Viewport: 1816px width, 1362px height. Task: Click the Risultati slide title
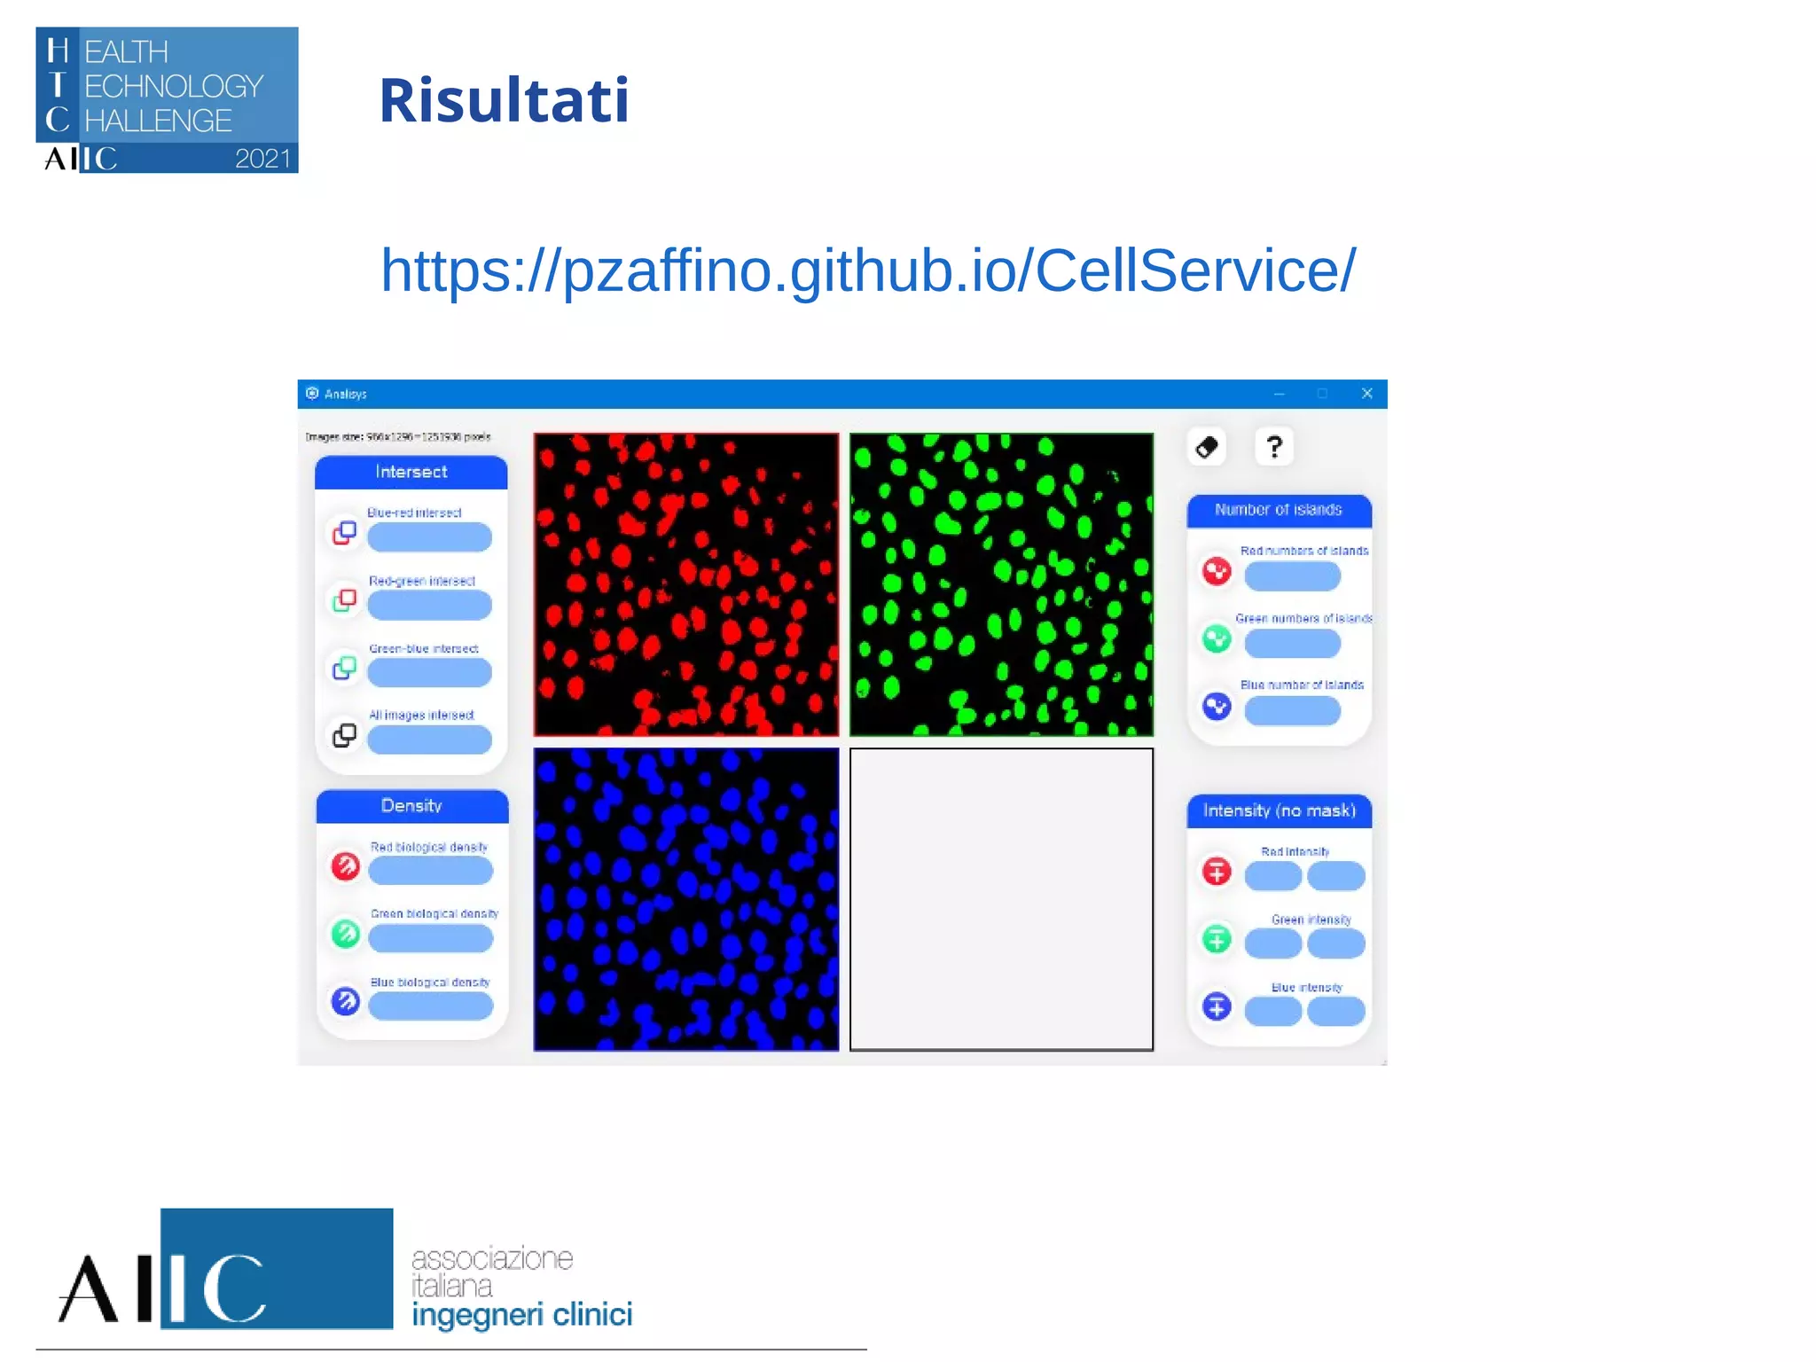504,100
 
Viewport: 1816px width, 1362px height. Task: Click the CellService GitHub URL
867,270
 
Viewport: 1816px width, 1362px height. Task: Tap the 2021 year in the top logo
262,159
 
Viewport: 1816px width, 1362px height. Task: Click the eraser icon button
1207,447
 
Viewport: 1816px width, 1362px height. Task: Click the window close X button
1366,394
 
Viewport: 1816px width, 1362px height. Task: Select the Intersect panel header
411,472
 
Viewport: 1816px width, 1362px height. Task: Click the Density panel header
411,806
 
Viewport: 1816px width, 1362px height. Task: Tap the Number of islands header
1278,510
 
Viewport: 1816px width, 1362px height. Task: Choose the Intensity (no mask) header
1279,810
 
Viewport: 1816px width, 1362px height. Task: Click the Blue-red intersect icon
344,532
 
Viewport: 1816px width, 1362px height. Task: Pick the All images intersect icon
344,735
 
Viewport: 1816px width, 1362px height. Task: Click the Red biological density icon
345,865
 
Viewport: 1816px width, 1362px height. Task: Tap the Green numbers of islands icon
1217,638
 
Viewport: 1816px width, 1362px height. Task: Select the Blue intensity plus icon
1217,1006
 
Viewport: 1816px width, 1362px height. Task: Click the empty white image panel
1001,899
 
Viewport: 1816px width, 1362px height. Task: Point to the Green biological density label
434,913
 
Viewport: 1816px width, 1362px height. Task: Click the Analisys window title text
345,395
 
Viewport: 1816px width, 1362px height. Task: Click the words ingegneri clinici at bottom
521,1315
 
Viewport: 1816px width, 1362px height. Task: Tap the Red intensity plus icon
1217,871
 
